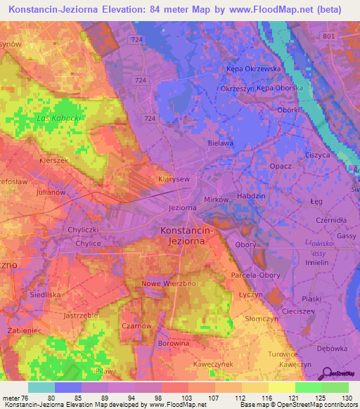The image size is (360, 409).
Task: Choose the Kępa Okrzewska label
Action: (253, 69)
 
